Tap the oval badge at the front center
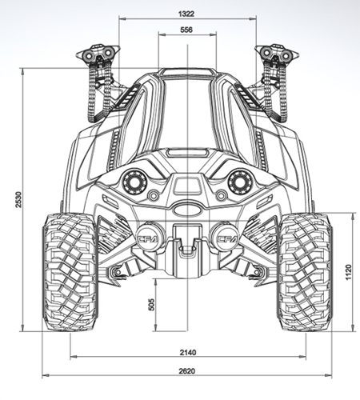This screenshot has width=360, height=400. click(x=186, y=210)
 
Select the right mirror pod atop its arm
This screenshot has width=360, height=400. click(x=277, y=56)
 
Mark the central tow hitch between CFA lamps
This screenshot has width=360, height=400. click(x=186, y=245)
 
